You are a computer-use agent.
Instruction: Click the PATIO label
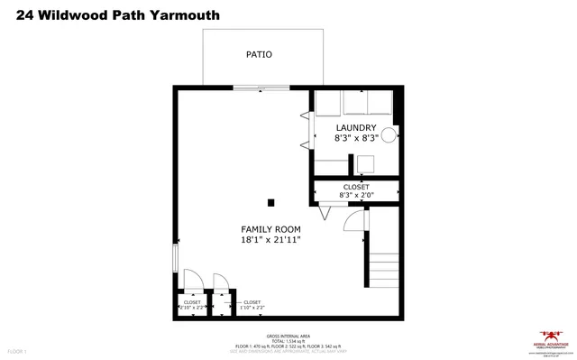[259, 54]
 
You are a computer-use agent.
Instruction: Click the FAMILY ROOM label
[270, 229]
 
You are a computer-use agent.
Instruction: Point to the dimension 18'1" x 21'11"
[270, 240]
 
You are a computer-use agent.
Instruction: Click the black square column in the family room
[270, 201]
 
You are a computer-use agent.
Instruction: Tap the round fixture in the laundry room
[389, 135]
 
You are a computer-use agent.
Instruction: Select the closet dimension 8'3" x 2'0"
[355, 194]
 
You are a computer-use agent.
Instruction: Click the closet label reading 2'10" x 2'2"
[192, 306]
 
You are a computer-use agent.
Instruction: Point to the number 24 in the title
[14, 15]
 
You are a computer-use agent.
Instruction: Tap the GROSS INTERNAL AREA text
[288, 334]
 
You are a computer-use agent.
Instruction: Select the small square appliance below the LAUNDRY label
[365, 163]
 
